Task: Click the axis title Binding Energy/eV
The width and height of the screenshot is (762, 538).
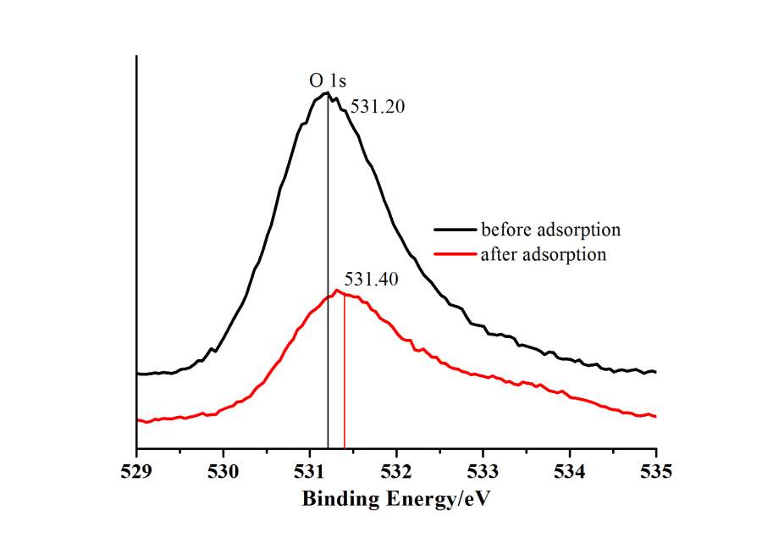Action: [x=396, y=499]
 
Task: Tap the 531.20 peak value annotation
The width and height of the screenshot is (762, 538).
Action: [x=373, y=108]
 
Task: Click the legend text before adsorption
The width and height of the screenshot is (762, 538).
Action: [x=550, y=230]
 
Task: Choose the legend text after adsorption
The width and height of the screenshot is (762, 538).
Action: [x=543, y=254]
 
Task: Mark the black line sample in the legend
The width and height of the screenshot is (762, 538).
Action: [x=455, y=230]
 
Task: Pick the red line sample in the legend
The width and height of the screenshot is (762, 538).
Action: [x=455, y=254]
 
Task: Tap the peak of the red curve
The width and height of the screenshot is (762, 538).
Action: [x=337, y=291]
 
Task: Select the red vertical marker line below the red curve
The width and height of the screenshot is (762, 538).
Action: [x=345, y=381]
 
